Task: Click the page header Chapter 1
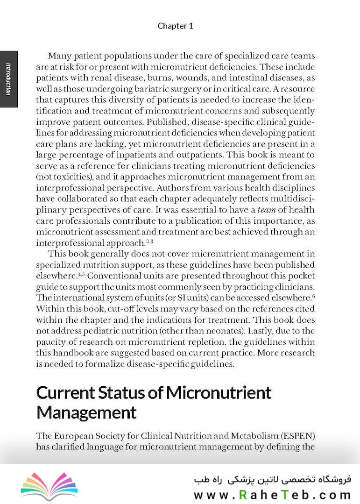click(175, 26)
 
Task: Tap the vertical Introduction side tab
click(8, 78)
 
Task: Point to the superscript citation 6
click(313, 296)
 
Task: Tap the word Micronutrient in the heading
click(219, 392)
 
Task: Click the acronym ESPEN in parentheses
click(298, 436)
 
